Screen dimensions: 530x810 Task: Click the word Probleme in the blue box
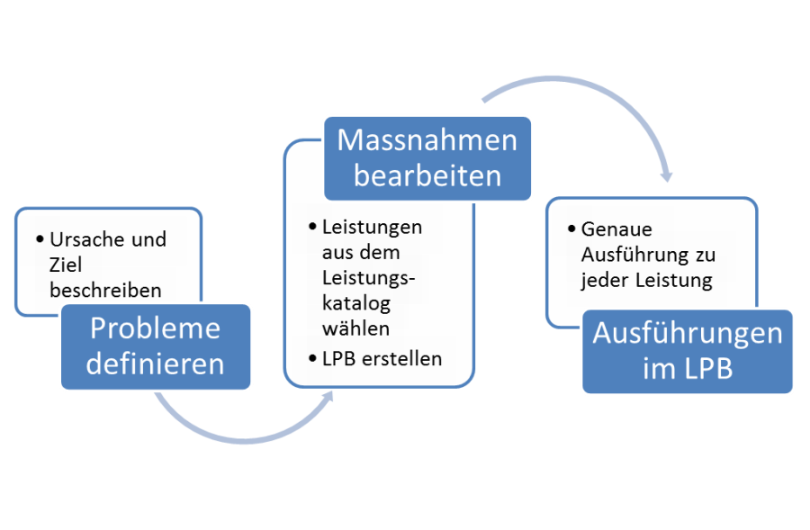click(x=155, y=328)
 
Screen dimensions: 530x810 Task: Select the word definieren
click(x=155, y=364)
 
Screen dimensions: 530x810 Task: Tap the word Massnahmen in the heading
click(x=427, y=141)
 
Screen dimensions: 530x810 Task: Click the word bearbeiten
click(x=427, y=175)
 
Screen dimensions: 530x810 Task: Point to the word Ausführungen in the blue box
click(x=688, y=334)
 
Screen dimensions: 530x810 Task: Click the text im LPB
click(x=688, y=370)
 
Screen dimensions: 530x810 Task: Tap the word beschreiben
click(x=106, y=290)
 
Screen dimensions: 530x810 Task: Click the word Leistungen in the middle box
click(x=372, y=226)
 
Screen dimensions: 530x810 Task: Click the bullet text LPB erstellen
click(x=382, y=358)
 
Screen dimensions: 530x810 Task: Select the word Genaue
click(x=616, y=229)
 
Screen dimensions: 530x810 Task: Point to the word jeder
click(x=602, y=280)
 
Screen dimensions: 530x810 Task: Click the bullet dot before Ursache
click(x=40, y=240)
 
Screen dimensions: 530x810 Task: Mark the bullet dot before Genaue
click(x=571, y=229)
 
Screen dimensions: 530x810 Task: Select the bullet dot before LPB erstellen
click(x=311, y=358)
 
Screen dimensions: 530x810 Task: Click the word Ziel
click(x=66, y=265)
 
